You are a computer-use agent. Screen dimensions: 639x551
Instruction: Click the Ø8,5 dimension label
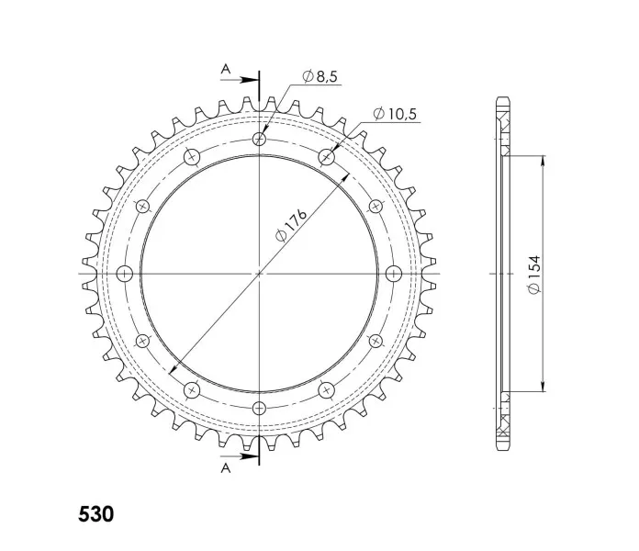click(x=320, y=76)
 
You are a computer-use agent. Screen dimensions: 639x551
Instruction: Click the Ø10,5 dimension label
click(x=395, y=114)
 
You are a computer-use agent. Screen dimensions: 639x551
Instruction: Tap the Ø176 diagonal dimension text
click(x=291, y=225)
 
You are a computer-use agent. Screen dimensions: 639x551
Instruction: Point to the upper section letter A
click(x=225, y=69)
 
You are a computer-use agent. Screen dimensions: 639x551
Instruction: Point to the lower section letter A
click(x=225, y=468)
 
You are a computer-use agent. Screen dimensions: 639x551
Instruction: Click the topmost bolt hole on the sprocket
click(x=259, y=140)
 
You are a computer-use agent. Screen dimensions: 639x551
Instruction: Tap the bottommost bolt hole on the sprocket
click(x=259, y=408)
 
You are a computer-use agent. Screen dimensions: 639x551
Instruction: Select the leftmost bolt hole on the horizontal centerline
click(x=125, y=274)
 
